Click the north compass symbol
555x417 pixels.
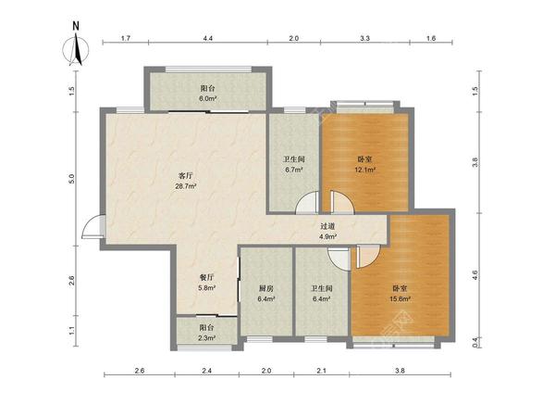tap(76, 50)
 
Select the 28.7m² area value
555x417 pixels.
tap(186, 186)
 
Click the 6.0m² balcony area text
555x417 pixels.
tap(207, 98)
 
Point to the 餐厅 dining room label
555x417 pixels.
tap(206, 278)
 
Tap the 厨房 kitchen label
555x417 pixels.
tap(266, 288)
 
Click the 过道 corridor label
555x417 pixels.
tap(327, 226)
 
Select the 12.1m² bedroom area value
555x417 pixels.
tap(365, 170)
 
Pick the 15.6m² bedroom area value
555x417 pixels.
tap(400, 299)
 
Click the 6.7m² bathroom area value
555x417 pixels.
tap(294, 170)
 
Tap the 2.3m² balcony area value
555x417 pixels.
tap(206, 338)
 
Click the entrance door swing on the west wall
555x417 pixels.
tap(92, 227)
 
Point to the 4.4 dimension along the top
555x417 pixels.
tap(208, 38)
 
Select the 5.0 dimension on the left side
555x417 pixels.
tap(72, 178)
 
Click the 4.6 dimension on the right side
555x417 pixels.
tap(475, 274)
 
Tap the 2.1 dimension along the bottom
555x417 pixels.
tap(321, 371)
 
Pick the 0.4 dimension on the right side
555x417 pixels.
tap(475, 341)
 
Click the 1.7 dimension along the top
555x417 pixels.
tap(126, 38)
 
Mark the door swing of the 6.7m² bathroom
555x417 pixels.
tap(307, 202)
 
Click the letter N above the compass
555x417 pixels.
tap(76, 26)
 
